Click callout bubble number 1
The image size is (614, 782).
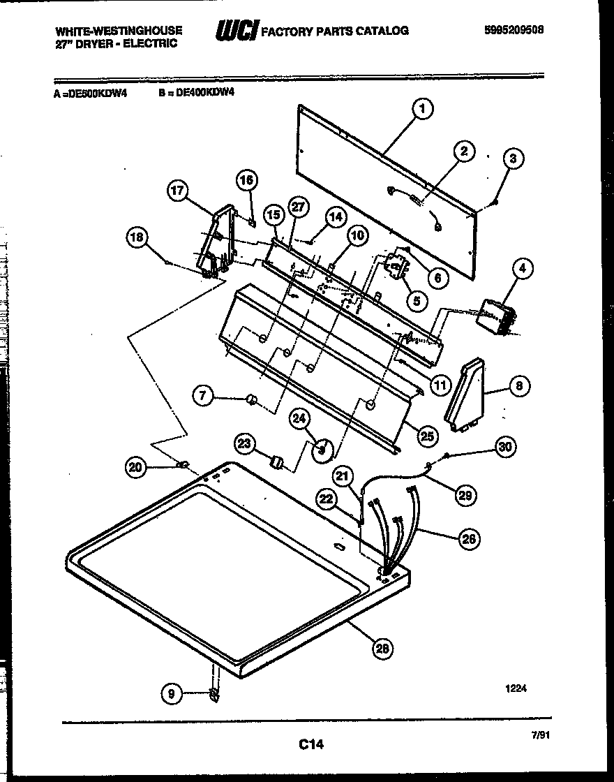pos(421,108)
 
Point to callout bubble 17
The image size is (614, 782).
pos(179,190)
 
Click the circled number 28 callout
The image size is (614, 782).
pos(382,649)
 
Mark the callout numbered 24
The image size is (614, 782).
pos(300,420)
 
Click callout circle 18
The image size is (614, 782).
pos(137,238)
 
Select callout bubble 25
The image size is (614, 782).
pos(428,436)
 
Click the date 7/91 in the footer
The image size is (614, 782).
pos(538,735)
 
